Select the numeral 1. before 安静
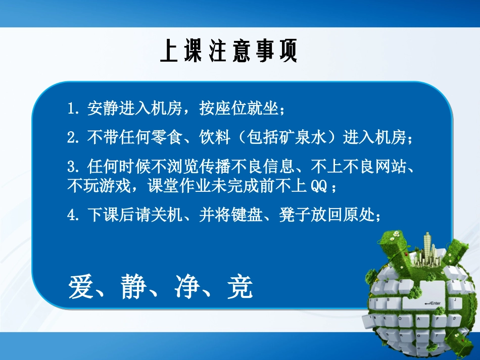tap(74, 109)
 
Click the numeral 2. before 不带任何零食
tap(74, 137)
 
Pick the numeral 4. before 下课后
tap(74, 216)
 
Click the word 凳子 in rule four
tap(295, 216)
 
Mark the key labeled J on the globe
tap(455, 300)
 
